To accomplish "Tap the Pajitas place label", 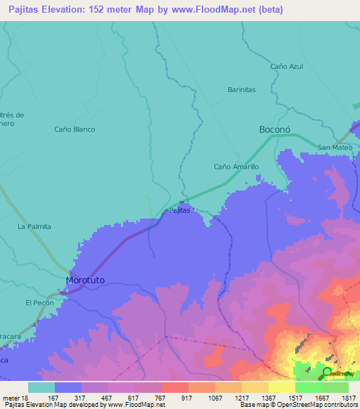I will tap(179, 211).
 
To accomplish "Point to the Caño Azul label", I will tap(286, 66).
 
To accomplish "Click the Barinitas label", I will tap(241, 90).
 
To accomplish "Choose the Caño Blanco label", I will tap(75, 129).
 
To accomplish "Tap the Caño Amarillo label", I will tap(236, 167).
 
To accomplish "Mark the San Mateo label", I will tap(333, 148).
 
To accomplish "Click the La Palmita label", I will tap(34, 227).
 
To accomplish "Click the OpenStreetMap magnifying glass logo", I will tap(328, 373).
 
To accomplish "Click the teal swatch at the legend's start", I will tap(41, 387).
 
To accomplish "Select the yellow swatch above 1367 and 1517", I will tap(281, 387).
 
